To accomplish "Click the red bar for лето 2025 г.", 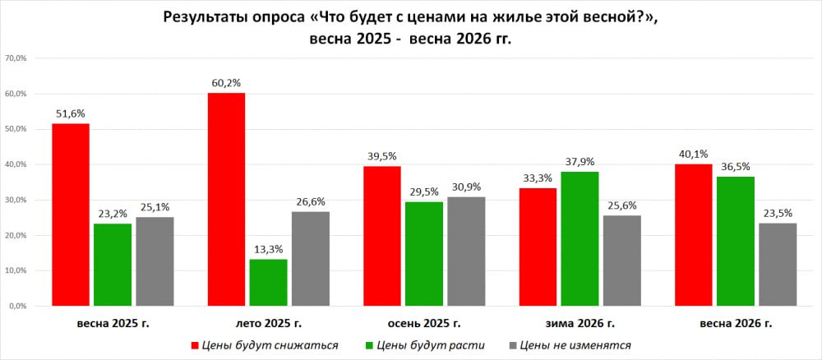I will pos(226,199).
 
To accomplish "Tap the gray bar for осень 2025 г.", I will pos(466,251).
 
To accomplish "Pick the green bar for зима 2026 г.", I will pos(580,238).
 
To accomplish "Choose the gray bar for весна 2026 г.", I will pos(778,264).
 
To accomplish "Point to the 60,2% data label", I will pos(226,83).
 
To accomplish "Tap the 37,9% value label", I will pos(580,162).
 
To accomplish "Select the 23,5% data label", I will pos(778,213).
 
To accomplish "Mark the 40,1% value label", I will pos(693,155).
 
